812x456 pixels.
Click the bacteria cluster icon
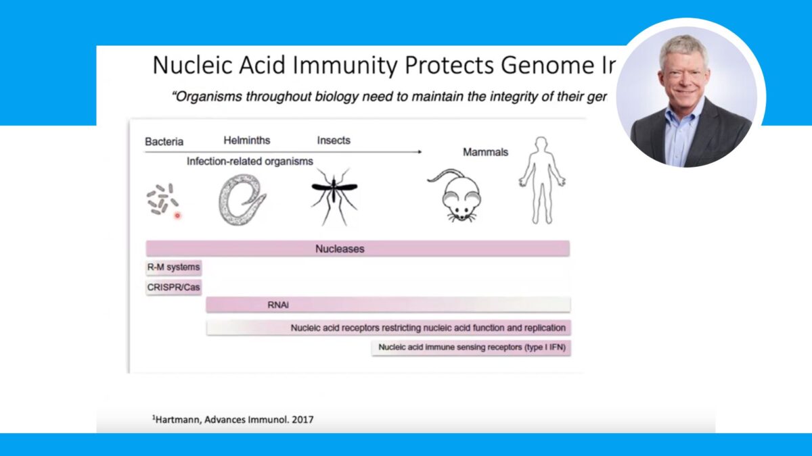tap(162, 200)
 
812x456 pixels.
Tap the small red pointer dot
tap(177, 216)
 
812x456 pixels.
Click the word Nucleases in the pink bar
tap(340, 249)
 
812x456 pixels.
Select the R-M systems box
tap(173, 268)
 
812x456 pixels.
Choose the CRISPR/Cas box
tap(173, 286)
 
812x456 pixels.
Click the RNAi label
tap(278, 305)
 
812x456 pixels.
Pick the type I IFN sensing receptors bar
tap(471, 348)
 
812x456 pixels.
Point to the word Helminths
tap(247, 141)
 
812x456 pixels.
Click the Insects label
tap(334, 141)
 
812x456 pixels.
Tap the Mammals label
tap(485, 152)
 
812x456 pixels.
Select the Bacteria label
tap(164, 142)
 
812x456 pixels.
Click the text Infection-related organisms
tap(250, 161)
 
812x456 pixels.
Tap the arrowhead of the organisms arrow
tap(420, 152)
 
